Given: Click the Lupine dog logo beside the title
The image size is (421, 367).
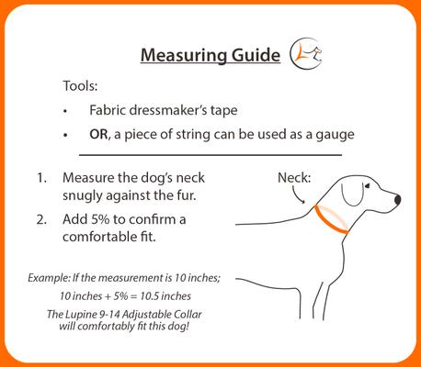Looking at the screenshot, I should pyautogui.click(x=307, y=55).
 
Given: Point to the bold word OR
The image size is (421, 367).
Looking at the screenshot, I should pyautogui.click(x=101, y=135).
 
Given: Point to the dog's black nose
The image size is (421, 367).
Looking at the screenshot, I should pyautogui.click(x=396, y=199).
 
